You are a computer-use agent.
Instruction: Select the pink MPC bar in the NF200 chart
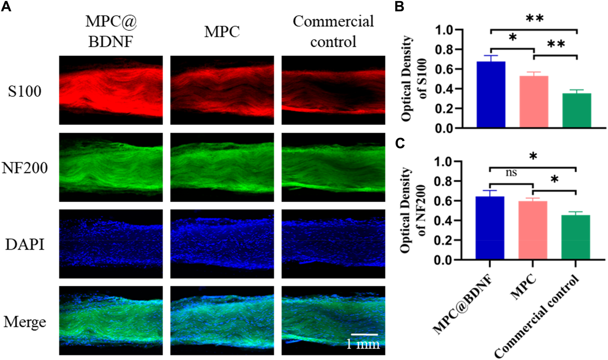(x=533, y=230)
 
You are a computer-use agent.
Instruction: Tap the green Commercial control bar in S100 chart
(x=576, y=110)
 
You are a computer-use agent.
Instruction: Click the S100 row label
(x=25, y=91)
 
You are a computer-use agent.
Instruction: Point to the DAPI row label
(x=25, y=245)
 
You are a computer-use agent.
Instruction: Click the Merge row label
(x=25, y=322)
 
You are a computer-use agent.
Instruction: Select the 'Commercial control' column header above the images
(x=333, y=31)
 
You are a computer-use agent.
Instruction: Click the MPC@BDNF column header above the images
(x=111, y=31)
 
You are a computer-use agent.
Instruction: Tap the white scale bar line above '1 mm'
(x=364, y=335)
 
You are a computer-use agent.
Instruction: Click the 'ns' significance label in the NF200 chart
(x=511, y=172)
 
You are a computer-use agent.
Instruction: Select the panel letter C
(x=400, y=143)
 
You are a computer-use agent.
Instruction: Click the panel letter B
(x=399, y=6)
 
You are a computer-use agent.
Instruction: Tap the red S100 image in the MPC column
(x=222, y=90)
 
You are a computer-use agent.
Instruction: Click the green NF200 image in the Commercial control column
(x=333, y=167)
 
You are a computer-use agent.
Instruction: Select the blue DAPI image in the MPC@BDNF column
(x=111, y=244)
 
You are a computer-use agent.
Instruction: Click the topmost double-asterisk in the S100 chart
(x=534, y=18)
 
